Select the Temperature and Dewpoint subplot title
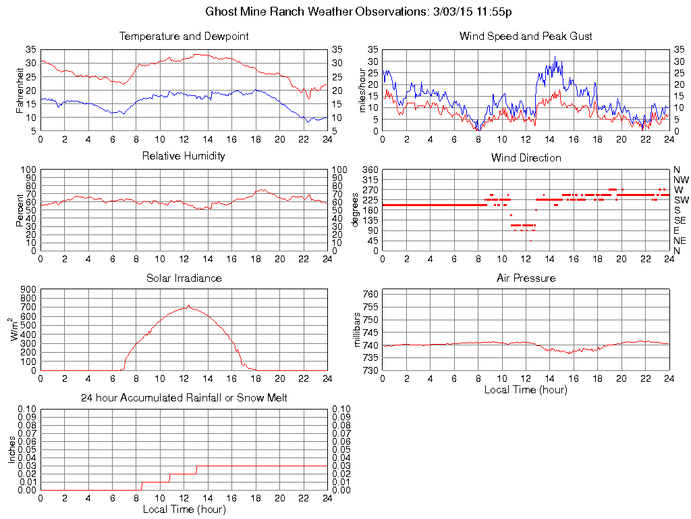184,36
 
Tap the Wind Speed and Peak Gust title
526,36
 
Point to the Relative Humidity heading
184,156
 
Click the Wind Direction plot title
526,157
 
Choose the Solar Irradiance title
184,278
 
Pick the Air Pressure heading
526,278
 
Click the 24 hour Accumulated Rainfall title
184,398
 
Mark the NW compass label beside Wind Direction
681,180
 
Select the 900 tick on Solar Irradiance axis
28,290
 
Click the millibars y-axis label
358,328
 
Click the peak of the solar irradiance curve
189,305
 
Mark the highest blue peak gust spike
555,57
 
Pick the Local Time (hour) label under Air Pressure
526,390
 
